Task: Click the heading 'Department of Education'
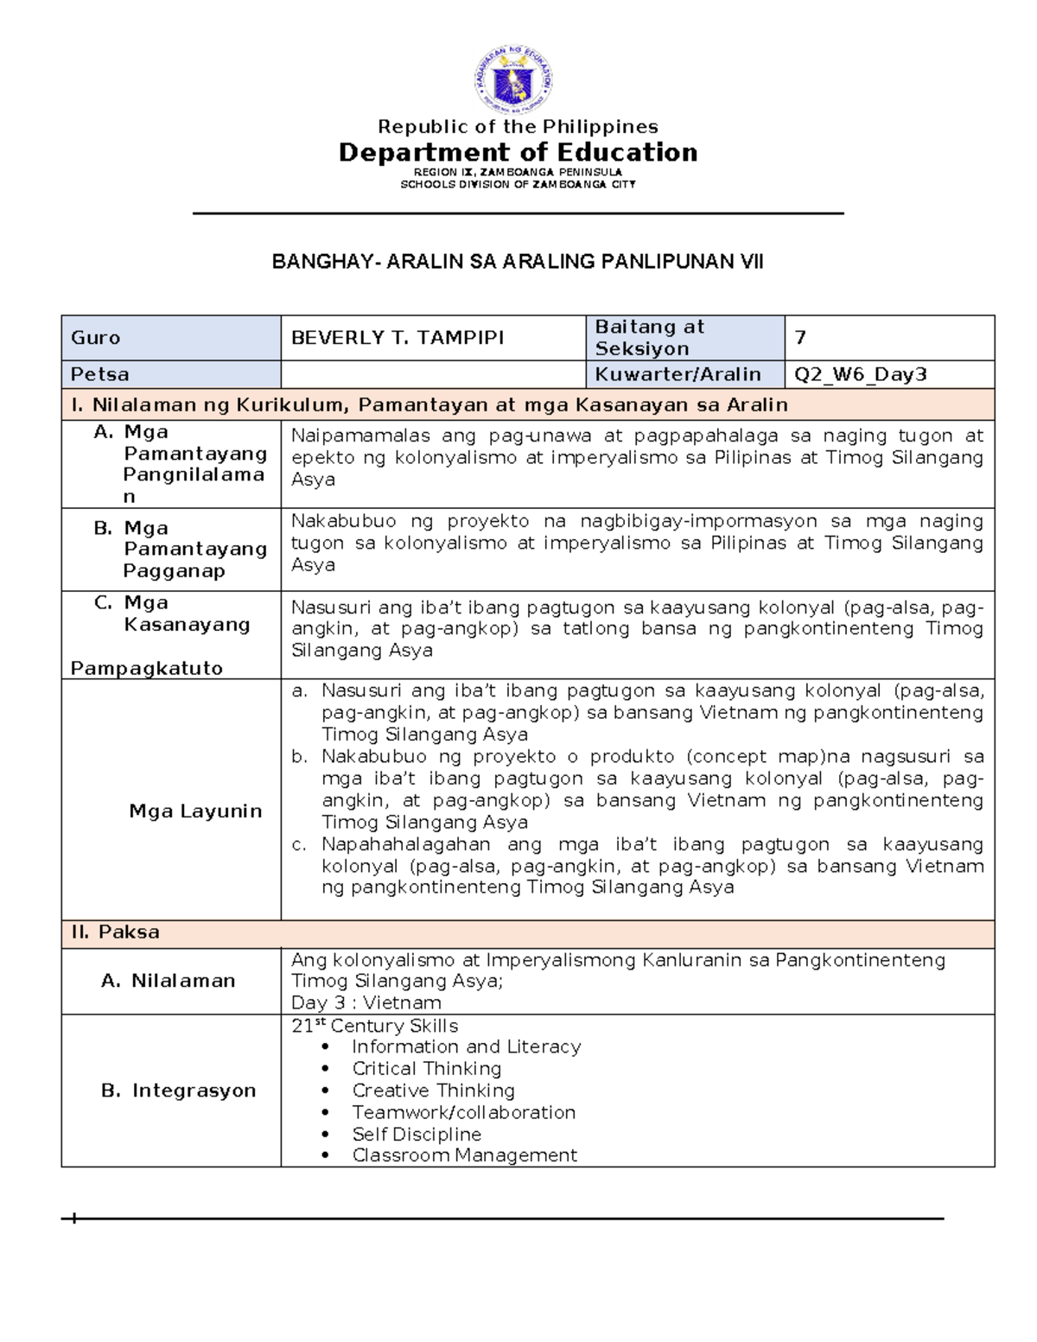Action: (x=518, y=153)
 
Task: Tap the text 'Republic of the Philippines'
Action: (x=518, y=126)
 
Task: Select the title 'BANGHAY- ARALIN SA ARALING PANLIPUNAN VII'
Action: (x=518, y=262)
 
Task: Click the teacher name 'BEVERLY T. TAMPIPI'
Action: (x=398, y=338)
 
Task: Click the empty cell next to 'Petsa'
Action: (x=432, y=374)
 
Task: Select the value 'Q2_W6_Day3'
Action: (x=861, y=374)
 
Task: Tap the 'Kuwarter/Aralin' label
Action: (x=678, y=374)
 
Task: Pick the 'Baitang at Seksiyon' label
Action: (x=650, y=338)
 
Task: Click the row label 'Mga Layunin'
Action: (x=195, y=811)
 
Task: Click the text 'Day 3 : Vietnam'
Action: (x=366, y=1002)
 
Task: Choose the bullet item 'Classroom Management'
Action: (x=464, y=1155)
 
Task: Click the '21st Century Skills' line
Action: (x=375, y=1026)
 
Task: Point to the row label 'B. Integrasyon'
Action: (x=179, y=1091)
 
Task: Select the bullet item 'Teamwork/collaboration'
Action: (x=463, y=1112)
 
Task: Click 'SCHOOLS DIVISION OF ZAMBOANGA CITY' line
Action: (x=518, y=184)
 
